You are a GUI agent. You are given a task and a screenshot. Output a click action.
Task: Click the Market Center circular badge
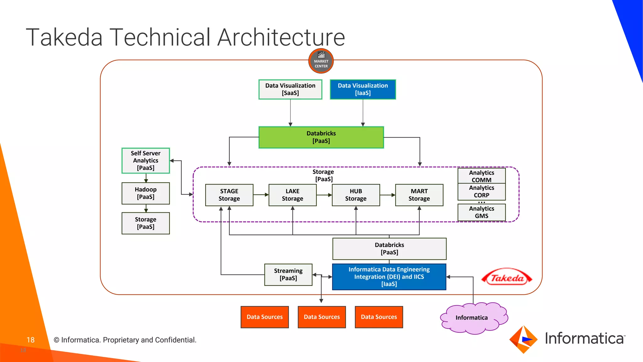coord(321,61)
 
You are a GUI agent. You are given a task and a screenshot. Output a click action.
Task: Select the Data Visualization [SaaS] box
coord(290,90)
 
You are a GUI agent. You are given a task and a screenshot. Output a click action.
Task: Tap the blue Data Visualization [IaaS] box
coord(363,90)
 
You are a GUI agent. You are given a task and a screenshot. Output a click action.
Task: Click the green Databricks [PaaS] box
coord(321,137)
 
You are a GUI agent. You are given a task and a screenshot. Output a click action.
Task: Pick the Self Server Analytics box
coord(146,161)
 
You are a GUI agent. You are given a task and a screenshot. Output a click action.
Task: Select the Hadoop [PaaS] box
coord(146,193)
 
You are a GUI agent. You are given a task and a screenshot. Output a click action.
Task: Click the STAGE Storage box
coord(229,195)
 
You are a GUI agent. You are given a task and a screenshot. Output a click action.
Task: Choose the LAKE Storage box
coord(292,195)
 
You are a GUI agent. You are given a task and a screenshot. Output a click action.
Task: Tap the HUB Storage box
coord(356,195)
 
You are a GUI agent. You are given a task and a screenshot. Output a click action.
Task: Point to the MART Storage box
coord(419,195)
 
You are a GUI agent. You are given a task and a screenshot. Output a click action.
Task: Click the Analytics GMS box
coord(481,212)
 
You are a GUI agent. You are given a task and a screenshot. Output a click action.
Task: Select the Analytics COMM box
coord(481,176)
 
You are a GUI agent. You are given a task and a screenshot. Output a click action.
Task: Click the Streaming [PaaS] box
coord(288,275)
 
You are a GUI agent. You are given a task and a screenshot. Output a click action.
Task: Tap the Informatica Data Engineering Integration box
coord(389,277)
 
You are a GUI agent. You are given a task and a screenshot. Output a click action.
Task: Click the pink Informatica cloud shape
coord(472,318)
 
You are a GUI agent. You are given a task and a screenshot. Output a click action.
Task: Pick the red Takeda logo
coord(507,277)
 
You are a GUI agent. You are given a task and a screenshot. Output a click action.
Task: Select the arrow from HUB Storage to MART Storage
coord(387,195)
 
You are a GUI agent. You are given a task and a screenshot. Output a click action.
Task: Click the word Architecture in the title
coord(281,37)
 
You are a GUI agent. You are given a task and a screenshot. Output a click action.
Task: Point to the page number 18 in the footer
coord(30,340)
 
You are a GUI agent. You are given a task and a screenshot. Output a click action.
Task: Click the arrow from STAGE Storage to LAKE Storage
coord(261,195)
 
